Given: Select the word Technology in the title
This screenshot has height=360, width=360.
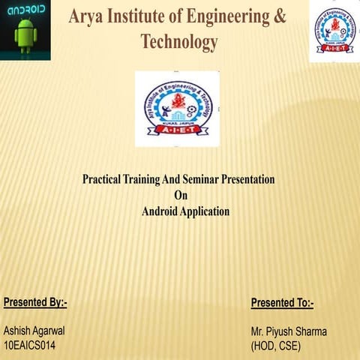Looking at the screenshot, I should (180, 42).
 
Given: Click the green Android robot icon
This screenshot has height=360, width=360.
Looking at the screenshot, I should (25, 35).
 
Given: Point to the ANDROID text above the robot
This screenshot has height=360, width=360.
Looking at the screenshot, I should (25, 11).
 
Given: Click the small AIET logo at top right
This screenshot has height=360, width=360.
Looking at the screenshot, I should (334, 31).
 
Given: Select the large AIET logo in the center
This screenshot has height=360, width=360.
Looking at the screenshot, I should (177, 108).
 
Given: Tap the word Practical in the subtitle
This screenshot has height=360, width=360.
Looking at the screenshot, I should (104, 180).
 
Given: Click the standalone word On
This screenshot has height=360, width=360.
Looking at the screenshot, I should (179, 196).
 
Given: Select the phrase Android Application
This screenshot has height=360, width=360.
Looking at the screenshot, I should (185, 211).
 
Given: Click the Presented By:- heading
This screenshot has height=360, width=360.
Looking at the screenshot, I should (35, 302).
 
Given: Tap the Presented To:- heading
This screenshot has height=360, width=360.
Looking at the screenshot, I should (282, 303).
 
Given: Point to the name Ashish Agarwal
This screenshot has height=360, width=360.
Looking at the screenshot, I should (34, 331).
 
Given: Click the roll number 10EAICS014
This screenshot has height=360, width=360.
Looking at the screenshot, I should (30, 345).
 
